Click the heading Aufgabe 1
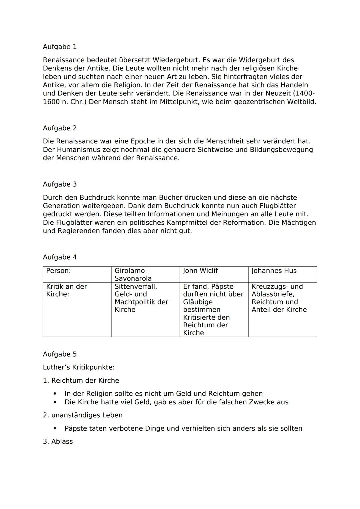[x=60, y=47]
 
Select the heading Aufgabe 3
[x=60, y=184]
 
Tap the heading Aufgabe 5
[x=60, y=354]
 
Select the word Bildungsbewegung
[x=281, y=150]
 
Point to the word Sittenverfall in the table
[x=136, y=287]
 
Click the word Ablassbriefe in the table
[x=273, y=294]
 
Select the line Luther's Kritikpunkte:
[x=79, y=367]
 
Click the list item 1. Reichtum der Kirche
[x=81, y=381]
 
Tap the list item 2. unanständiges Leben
[x=83, y=415]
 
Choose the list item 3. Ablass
[x=58, y=442]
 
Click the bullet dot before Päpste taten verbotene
[x=55, y=429]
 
